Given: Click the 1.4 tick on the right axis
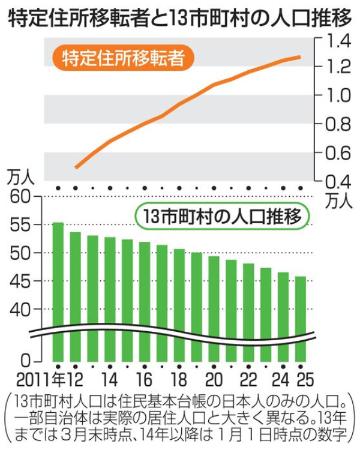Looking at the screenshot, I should point(335,41).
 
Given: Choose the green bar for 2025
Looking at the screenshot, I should point(301,318).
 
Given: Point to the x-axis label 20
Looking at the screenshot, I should point(214,380).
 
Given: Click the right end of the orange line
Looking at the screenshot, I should point(300,57).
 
